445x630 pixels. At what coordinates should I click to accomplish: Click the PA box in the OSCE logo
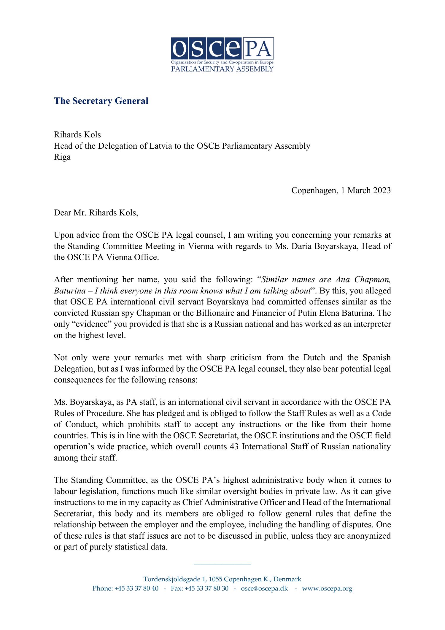pos(258,49)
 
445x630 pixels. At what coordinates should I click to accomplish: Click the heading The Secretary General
pos(101,101)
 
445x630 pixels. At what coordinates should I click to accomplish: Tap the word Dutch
pos(319,358)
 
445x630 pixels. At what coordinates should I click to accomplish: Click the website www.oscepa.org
pos(327,588)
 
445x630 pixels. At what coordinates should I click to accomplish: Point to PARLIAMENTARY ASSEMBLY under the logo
pos(222,69)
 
